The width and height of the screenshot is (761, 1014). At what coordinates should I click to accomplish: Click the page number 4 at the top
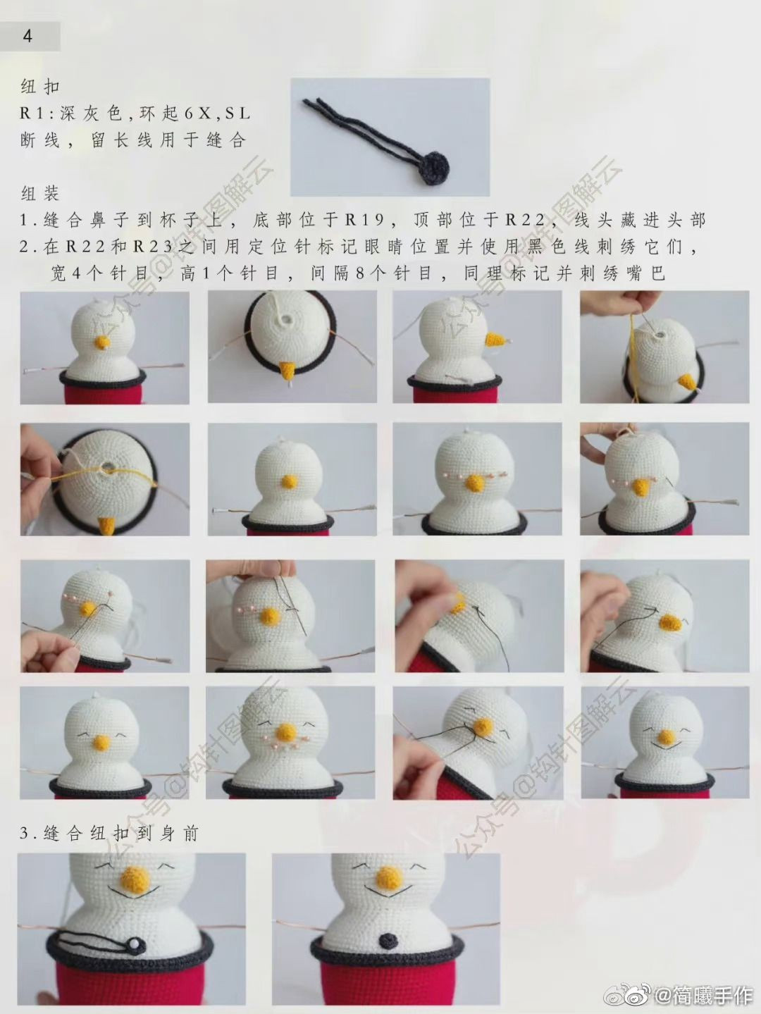click(27, 36)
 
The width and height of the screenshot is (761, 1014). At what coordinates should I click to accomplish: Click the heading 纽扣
click(40, 87)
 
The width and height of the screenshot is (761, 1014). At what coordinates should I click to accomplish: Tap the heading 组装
click(40, 193)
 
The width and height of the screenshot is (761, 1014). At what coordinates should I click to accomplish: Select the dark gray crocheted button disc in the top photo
click(431, 169)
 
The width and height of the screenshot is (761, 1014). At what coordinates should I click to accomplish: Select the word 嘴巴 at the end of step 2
click(648, 273)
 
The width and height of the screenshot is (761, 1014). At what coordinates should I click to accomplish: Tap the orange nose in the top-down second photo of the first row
click(288, 370)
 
